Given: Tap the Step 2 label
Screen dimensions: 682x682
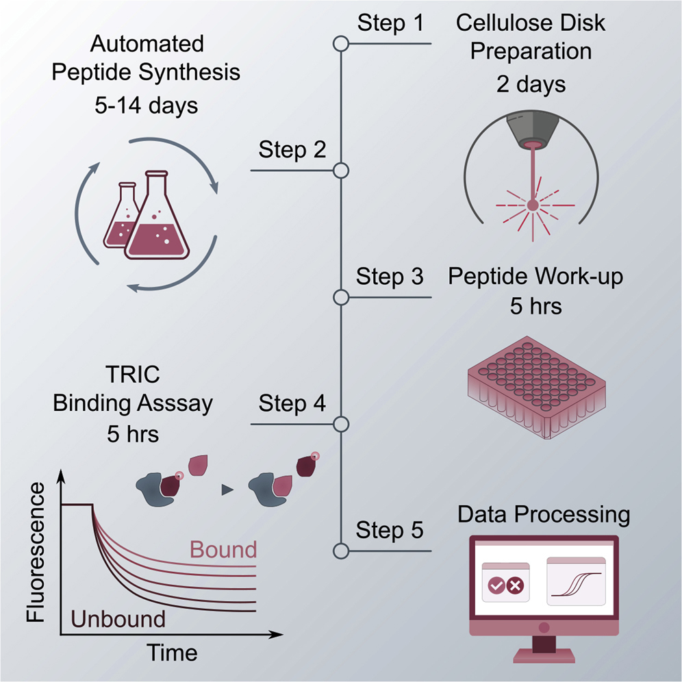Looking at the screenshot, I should (x=292, y=149).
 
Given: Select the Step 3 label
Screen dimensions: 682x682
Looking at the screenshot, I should (x=390, y=277).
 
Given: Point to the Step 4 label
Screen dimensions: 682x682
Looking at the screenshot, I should (x=292, y=404).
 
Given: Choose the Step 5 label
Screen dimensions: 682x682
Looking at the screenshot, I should (x=390, y=531).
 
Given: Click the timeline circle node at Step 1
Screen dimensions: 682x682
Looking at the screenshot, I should (x=340, y=45).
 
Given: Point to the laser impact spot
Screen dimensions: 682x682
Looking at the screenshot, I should (x=531, y=203).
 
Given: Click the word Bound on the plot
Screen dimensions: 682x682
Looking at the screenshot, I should (x=223, y=549).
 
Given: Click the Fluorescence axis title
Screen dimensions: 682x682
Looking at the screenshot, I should (x=38, y=551).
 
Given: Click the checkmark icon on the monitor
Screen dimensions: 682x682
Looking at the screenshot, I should (x=496, y=586).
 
